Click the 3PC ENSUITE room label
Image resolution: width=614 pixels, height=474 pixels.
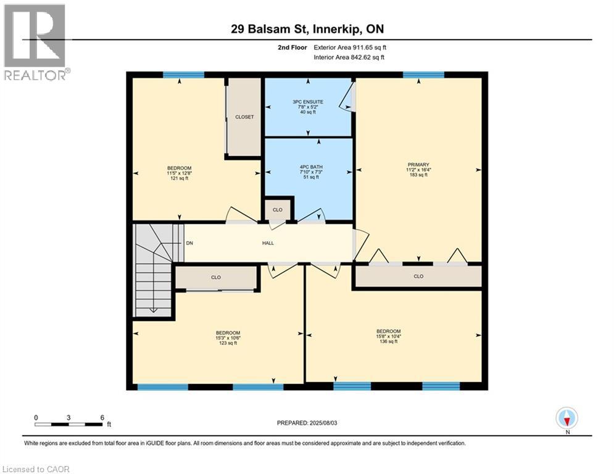point(308,102)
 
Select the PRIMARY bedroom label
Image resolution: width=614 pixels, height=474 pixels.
point(418,165)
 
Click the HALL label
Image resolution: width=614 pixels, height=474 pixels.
point(268,243)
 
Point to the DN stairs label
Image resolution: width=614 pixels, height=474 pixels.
point(189,243)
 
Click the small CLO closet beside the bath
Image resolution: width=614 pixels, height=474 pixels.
point(278,210)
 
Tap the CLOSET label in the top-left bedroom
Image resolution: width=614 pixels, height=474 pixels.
point(244,117)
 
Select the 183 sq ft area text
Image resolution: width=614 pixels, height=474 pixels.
point(418,175)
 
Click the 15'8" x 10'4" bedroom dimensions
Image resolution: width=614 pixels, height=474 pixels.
point(388,336)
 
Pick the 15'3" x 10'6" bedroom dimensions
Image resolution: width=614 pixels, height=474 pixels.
point(228,338)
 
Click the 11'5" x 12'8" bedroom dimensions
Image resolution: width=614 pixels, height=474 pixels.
point(180,173)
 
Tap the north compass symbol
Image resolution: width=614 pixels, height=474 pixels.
point(566,418)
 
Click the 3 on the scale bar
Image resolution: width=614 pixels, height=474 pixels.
point(68,418)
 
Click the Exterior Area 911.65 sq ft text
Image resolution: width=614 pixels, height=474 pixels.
point(350,48)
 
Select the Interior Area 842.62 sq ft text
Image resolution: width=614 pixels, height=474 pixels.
point(349,57)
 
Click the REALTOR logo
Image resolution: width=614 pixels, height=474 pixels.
point(35,43)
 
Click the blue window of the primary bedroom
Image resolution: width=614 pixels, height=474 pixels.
point(423,75)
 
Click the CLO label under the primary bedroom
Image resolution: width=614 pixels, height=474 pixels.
point(418,276)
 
